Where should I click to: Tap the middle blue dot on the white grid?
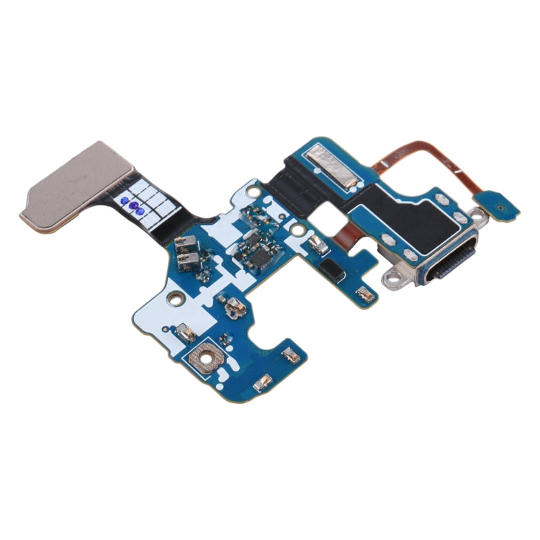point(134,204)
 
